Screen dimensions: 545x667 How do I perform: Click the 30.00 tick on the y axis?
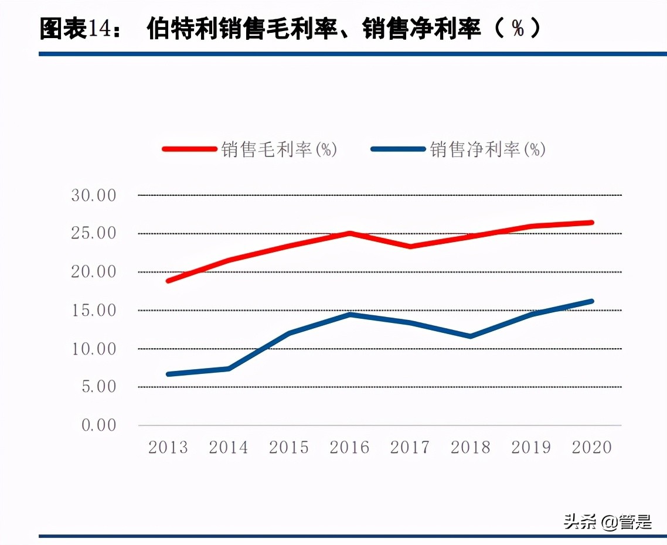coord(94,195)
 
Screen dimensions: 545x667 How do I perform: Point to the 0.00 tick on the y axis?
coord(98,425)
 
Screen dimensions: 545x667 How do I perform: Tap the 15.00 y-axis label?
coord(94,310)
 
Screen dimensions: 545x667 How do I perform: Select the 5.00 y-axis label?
coord(98,387)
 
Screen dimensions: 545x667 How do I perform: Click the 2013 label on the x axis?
coord(168,448)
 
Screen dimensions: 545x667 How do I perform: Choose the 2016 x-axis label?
coord(349,448)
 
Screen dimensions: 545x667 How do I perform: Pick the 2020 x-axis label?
coord(591,448)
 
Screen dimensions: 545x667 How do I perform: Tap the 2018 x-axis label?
coord(471,448)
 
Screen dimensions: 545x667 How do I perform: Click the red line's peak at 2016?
coord(350,233)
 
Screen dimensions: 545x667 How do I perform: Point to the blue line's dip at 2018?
coord(471,336)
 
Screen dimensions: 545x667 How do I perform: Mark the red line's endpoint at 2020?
coord(591,223)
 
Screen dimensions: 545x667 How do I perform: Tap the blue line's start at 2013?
coord(169,374)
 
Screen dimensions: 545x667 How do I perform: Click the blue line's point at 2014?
coord(229,368)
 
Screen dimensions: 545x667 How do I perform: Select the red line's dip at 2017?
coord(410,246)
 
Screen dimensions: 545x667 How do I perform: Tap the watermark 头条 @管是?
coord(607,521)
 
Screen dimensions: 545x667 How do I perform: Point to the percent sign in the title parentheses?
coord(518,28)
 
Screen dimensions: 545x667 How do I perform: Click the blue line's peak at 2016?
coord(350,314)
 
